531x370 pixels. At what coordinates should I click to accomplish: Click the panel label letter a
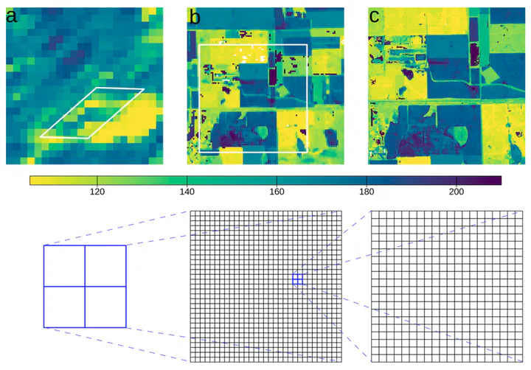pyautogui.click(x=13, y=15)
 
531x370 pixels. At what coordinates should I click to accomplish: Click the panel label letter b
pyautogui.click(x=195, y=15)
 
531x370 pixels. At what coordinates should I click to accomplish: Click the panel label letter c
pyautogui.click(x=375, y=15)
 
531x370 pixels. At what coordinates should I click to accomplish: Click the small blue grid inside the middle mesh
pyautogui.click(x=297, y=279)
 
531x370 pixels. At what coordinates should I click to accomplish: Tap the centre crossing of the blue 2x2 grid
pyautogui.click(x=85, y=286)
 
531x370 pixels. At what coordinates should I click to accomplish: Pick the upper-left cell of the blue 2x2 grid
pyautogui.click(x=64, y=265)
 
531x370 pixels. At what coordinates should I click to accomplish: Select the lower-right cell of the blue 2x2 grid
pyautogui.click(x=105, y=307)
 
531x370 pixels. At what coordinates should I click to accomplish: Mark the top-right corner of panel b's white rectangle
pyautogui.click(x=307, y=45)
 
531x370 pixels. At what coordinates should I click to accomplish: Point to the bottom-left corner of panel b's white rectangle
pyautogui.click(x=200, y=153)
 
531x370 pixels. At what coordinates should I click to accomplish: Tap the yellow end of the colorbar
pyautogui.click(x=34, y=180)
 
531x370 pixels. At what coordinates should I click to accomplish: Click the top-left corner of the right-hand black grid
pyautogui.click(x=371, y=212)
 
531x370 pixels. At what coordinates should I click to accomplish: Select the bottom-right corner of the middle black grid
pyautogui.click(x=341, y=362)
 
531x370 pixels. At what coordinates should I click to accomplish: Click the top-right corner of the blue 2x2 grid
pyautogui.click(x=126, y=245)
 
